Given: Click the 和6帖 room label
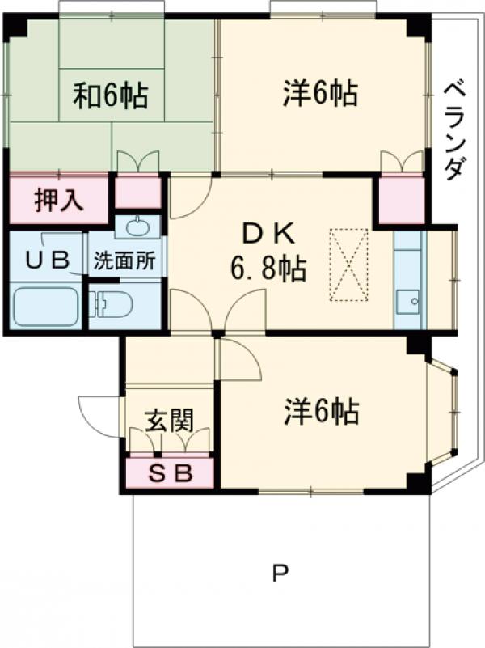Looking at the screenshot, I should (111, 95).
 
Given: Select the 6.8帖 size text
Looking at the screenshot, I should (267, 269).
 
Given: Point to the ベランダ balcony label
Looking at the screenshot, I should (455, 129).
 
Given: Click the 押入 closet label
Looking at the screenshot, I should (58, 199).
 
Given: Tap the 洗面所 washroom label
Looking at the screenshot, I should (125, 261).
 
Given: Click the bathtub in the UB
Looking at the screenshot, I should (47, 306).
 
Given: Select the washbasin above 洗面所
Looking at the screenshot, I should (137, 227).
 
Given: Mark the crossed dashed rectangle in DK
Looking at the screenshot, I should (348, 265).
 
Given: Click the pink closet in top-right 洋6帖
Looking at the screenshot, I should (402, 199).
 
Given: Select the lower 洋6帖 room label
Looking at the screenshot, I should (321, 413).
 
